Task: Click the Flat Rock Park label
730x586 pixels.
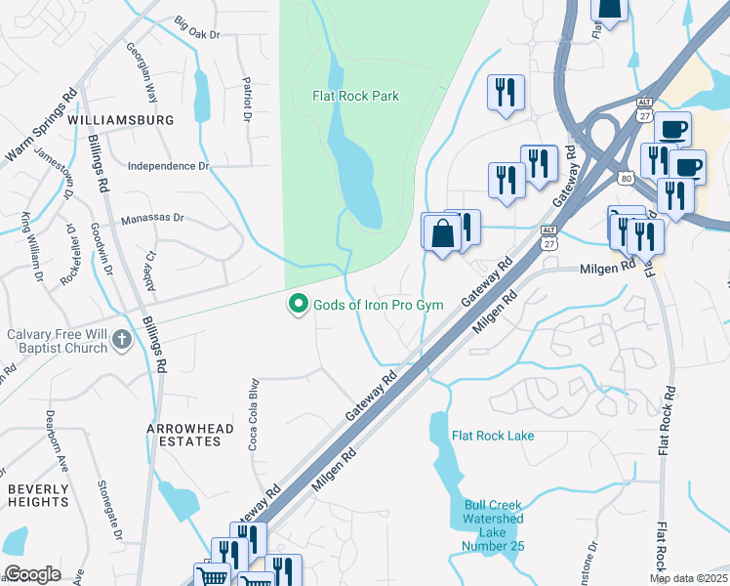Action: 355,96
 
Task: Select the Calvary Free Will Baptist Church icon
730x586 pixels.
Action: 121,338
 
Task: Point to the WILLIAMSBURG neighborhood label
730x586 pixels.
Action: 121,120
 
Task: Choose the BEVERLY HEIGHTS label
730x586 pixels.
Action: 38,494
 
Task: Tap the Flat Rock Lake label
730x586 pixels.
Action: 493,436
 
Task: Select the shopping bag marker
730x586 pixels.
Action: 442,233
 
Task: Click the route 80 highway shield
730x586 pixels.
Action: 627,178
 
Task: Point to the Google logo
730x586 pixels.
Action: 32,574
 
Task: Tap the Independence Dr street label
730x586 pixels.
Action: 169,166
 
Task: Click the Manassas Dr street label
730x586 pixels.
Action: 152,221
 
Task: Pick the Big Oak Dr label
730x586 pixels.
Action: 197,27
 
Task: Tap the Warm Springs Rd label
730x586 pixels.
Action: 42,127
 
